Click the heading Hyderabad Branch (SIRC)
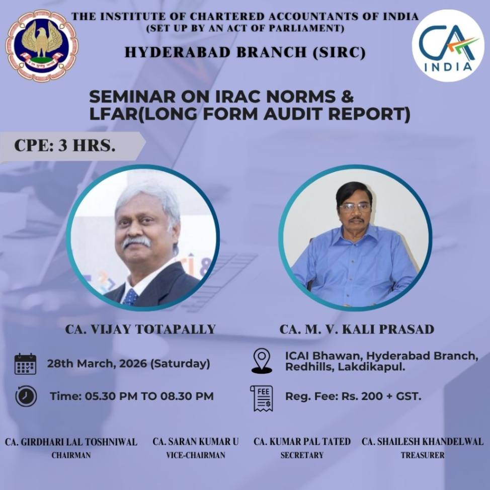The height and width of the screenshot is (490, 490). (245, 51)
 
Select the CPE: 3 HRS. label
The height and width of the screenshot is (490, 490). (65, 146)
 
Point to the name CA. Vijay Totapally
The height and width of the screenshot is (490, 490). (140, 330)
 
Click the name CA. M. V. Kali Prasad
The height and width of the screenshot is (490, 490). (357, 330)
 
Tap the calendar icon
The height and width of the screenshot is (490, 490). (25, 364)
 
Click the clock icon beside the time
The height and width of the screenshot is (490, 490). (25, 396)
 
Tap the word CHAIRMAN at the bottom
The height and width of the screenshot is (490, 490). (71, 455)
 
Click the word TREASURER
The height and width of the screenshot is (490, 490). (423, 455)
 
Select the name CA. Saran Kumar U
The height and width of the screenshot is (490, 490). (196, 442)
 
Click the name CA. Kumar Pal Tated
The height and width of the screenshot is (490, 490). (302, 442)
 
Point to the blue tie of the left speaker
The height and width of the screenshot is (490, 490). (131, 296)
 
